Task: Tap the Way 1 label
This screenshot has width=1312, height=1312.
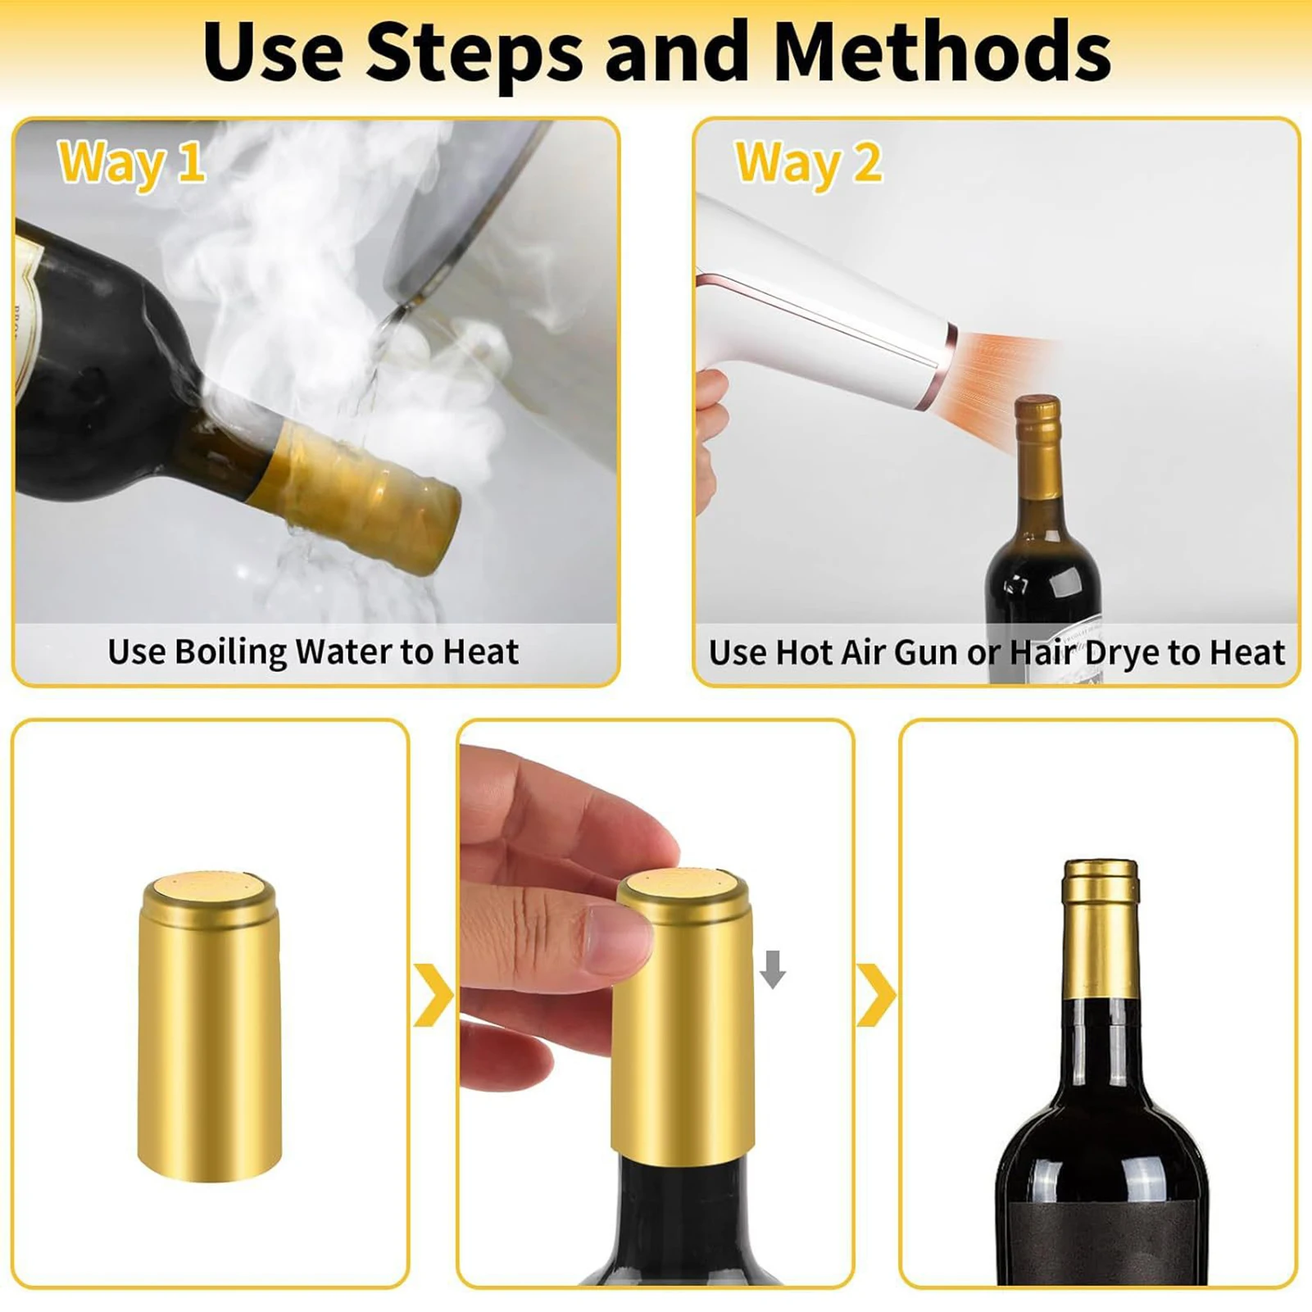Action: tap(131, 162)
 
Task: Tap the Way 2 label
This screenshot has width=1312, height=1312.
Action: tap(809, 162)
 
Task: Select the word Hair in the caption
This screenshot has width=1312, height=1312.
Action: tap(1042, 652)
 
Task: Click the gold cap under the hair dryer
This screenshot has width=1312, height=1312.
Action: tap(1038, 447)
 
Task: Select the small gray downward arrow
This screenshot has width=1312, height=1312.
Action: tap(772, 969)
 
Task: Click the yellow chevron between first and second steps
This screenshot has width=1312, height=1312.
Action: tap(434, 995)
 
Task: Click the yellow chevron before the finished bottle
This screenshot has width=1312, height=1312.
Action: tap(876, 995)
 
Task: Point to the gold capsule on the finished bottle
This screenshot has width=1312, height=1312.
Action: tap(1101, 930)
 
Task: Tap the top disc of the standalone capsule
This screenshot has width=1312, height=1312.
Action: tap(211, 885)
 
